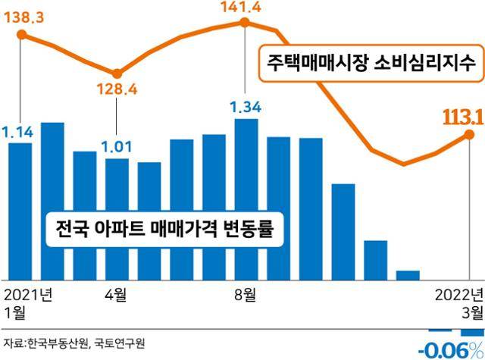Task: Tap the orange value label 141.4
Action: tap(246, 8)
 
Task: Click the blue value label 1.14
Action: tap(19, 133)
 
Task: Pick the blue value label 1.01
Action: tap(117, 145)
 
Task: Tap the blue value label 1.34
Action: tap(246, 108)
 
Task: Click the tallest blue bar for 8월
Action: tap(246, 199)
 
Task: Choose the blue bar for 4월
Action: tap(117, 218)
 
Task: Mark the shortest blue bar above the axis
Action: tap(408, 274)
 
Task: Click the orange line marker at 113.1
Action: tap(469, 135)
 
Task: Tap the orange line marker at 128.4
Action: tap(117, 74)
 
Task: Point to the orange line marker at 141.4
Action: tap(246, 23)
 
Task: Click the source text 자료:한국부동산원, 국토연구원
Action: tap(74, 343)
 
